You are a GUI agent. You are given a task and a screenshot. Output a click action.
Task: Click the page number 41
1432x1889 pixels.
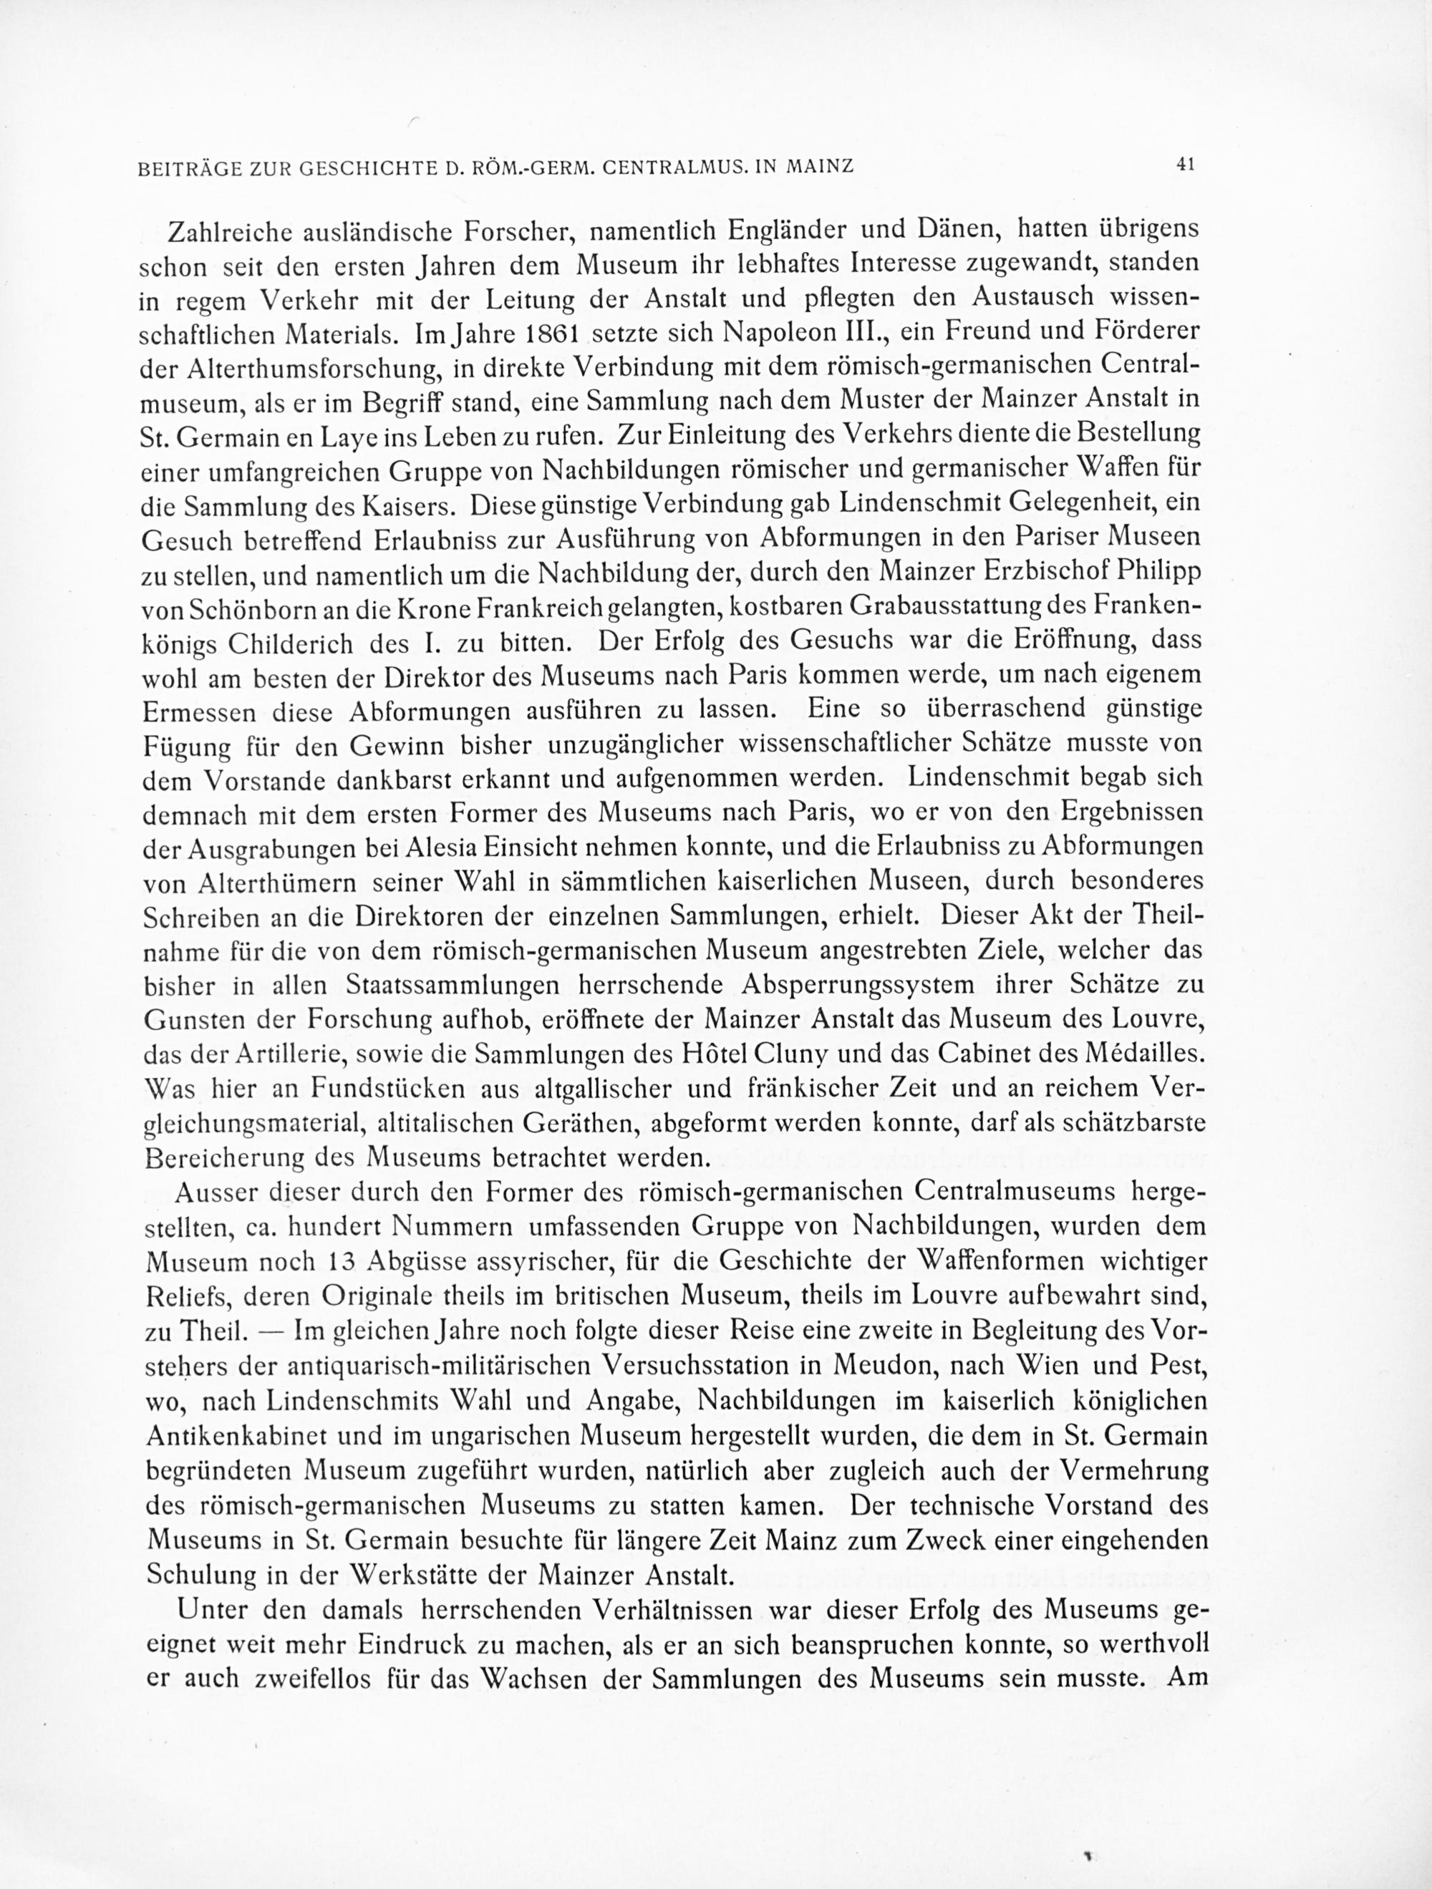click(x=1184, y=165)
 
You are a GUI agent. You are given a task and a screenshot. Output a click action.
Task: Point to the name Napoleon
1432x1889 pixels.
click(x=788, y=332)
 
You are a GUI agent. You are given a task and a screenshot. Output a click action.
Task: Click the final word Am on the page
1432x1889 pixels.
click(x=1187, y=1678)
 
